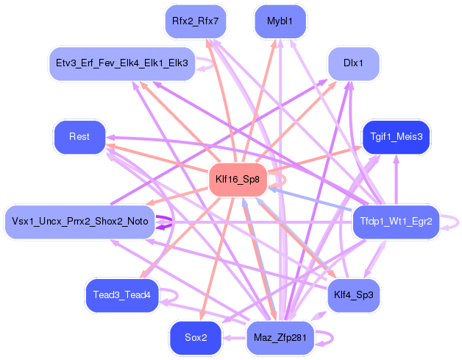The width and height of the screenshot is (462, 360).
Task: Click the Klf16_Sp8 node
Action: [x=237, y=180]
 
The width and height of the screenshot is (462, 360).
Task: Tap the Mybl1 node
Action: [x=280, y=21]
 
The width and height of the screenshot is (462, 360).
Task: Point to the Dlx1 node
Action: [x=353, y=63]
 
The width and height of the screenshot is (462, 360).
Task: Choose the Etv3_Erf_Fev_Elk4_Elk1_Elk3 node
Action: [x=121, y=63]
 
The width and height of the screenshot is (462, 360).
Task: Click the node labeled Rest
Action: [x=79, y=137]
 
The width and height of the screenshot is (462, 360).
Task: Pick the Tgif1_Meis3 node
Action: [x=397, y=137]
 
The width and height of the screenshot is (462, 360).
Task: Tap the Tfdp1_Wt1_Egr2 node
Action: [x=396, y=222]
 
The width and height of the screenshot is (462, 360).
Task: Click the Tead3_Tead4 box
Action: [x=121, y=295]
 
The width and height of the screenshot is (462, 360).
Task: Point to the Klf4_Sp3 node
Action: [x=353, y=295]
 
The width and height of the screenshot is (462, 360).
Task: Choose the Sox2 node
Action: [x=195, y=338]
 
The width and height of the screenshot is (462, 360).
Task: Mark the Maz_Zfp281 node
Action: [x=280, y=338]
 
